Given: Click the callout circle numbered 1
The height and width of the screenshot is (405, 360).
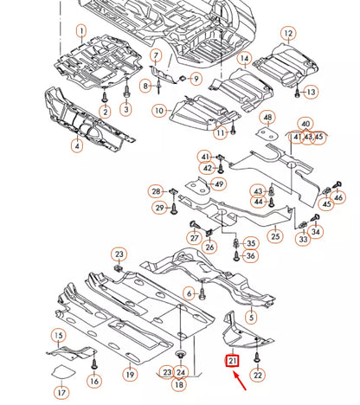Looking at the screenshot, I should pyautogui.click(x=82, y=32).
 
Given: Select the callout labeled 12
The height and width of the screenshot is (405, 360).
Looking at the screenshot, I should pyautogui.click(x=288, y=34).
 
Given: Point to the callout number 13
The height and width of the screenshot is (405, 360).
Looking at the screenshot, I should pyautogui.click(x=311, y=92).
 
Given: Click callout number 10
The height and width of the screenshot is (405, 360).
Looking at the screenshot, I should pyautogui.click(x=159, y=111).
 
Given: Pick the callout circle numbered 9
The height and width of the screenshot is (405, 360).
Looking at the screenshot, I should pyautogui.click(x=196, y=79).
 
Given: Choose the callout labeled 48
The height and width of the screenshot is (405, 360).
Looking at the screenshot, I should pyautogui.click(x=267, y=118).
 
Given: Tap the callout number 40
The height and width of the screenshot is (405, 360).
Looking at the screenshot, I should pyautogui.click(x=305, y=124).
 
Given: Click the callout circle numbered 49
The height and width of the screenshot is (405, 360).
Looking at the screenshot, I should pyautogui.click(x=219, y=183).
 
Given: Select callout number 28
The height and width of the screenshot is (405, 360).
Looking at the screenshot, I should pyautogui.click(x=156, y=190).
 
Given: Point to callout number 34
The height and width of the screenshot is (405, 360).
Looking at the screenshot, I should pyautogui.click(x=316, y=232).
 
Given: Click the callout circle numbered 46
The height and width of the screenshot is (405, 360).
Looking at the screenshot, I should pyautogui.click(x=337, y=198).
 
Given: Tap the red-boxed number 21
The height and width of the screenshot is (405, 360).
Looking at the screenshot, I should pyautogui.click(x=233, y=361).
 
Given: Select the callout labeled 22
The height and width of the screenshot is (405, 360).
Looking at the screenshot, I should pyautogui.click(x=258, y=374).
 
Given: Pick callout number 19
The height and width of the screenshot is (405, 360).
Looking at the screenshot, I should pyautogui.click(x=129, y=374).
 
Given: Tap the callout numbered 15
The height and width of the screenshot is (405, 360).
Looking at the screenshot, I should pyautogui.click(x=59, y=335).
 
